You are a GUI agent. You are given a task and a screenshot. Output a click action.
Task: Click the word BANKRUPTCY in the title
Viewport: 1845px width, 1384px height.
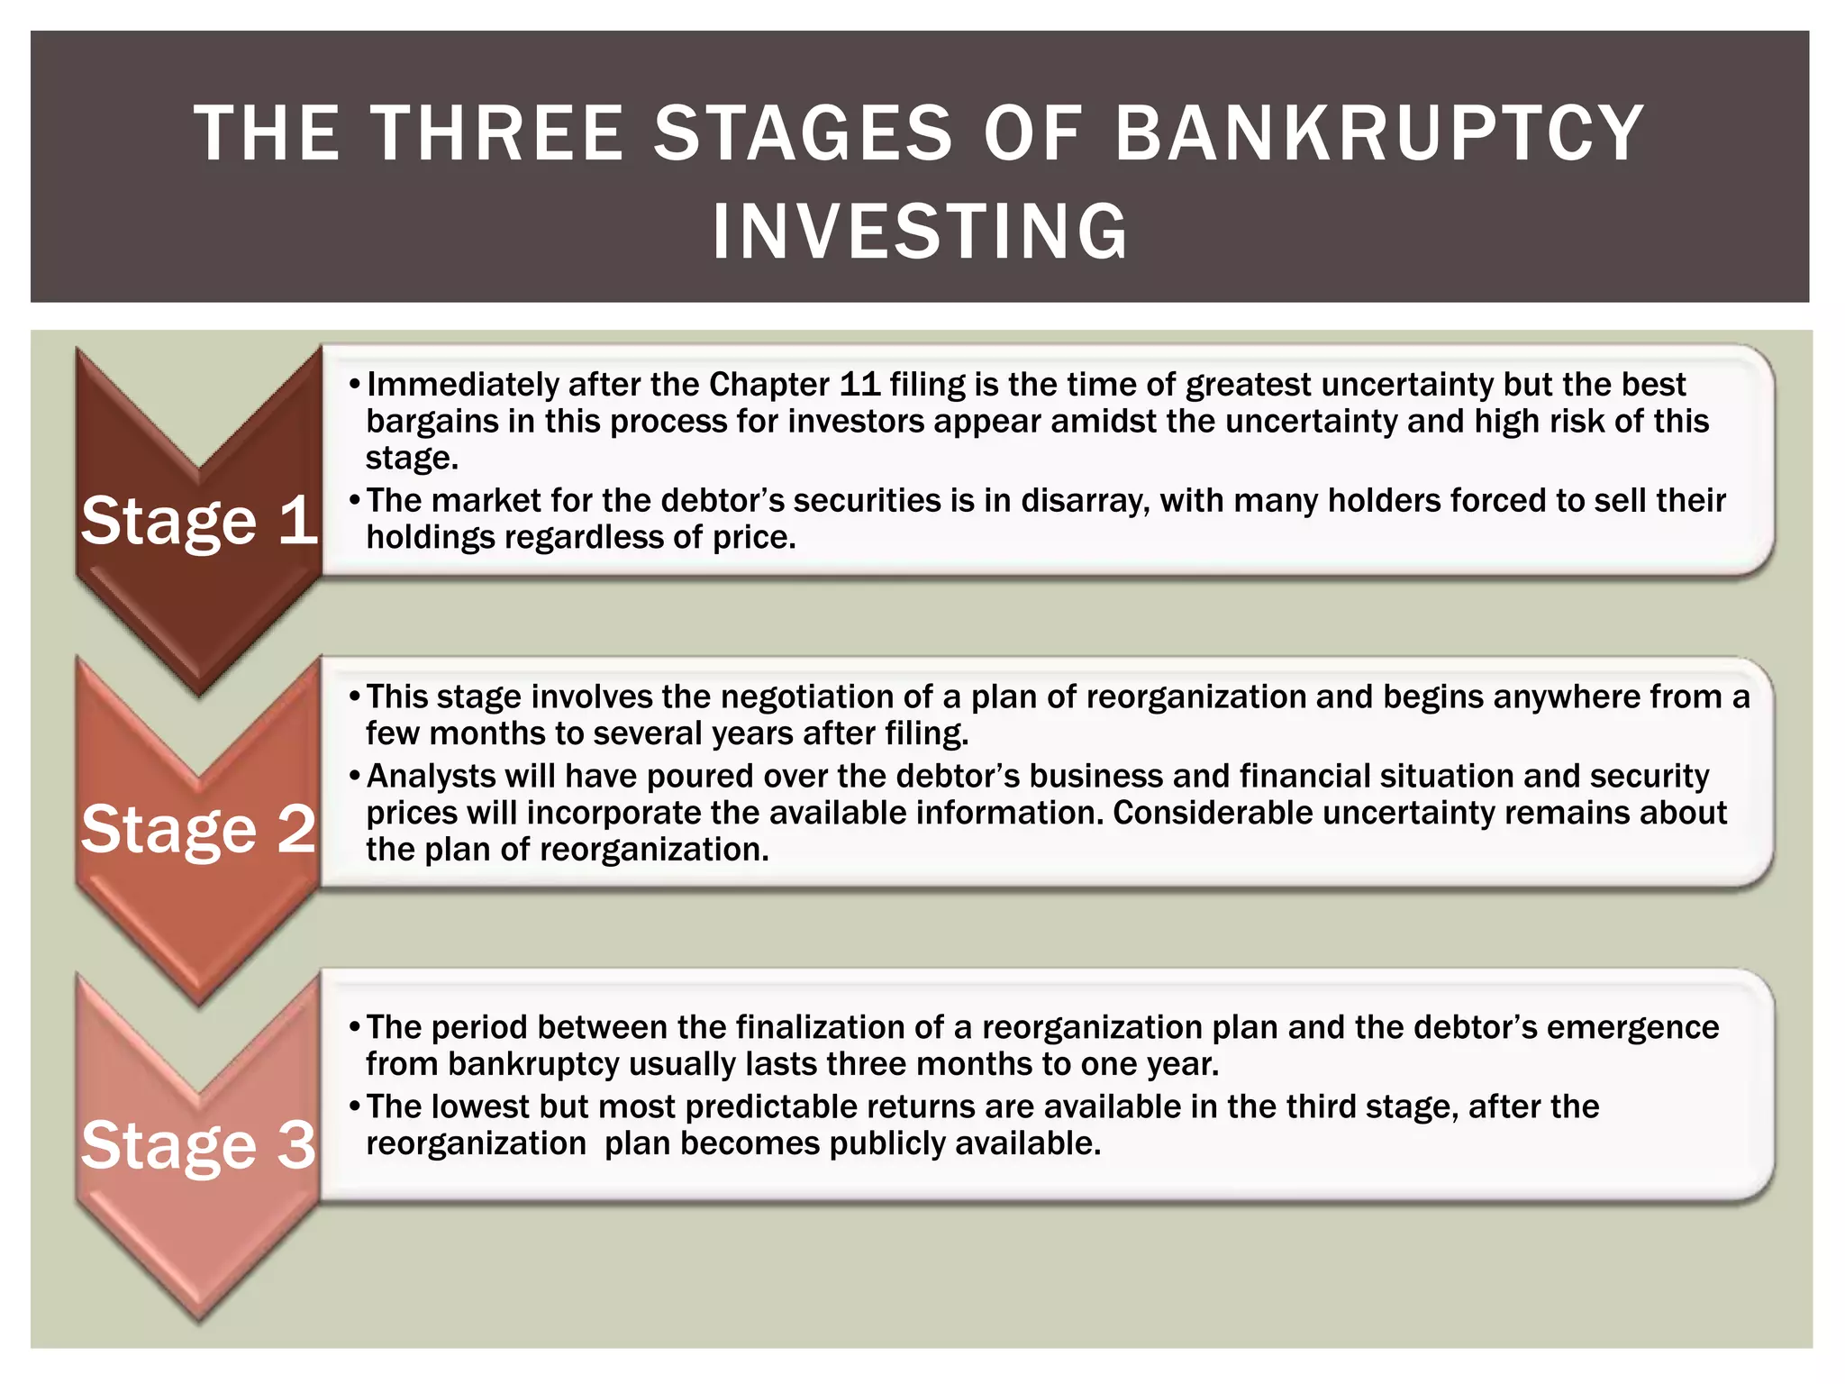1379,133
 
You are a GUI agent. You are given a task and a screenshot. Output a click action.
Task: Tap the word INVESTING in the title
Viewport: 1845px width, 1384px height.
920,232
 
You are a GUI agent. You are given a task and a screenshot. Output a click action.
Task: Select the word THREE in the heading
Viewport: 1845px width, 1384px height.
498,133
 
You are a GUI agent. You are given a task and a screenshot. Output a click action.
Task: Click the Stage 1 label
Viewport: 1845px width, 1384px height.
199,521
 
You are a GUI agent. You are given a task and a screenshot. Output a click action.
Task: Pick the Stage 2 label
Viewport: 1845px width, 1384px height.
199,829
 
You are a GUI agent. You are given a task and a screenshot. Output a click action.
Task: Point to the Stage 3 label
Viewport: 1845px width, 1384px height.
199,1145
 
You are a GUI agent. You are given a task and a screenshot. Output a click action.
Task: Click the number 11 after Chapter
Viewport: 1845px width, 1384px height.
859,385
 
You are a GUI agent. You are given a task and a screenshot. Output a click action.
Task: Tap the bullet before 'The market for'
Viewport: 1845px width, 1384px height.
355,500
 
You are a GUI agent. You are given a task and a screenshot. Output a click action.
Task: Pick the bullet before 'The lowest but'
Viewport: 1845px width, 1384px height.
355,1106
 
